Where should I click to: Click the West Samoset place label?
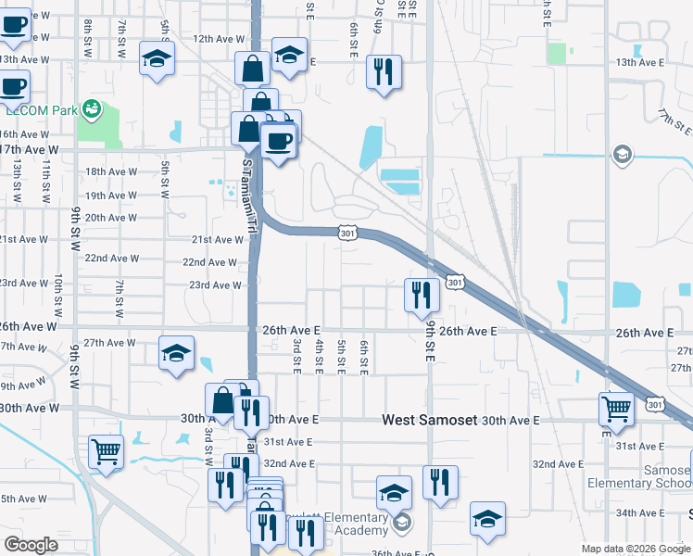pos(430,420)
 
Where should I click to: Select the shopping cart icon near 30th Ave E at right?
pos(617,408)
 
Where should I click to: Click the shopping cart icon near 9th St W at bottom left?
pos(107,452)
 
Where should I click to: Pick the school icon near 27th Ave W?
pos(176,352)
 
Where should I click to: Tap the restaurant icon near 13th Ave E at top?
pos(384,70)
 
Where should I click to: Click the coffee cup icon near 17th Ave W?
pos(278,142)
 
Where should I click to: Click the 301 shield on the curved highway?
pos(346,234)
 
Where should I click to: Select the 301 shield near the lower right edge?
pos(655,405)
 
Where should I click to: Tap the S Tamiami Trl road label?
pos(247,195)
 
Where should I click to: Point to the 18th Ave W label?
pos(111,172)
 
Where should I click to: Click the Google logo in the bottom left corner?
pos(31,545)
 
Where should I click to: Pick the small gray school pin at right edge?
pos(623,154)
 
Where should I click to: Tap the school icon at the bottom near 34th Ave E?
pos(487,520)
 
